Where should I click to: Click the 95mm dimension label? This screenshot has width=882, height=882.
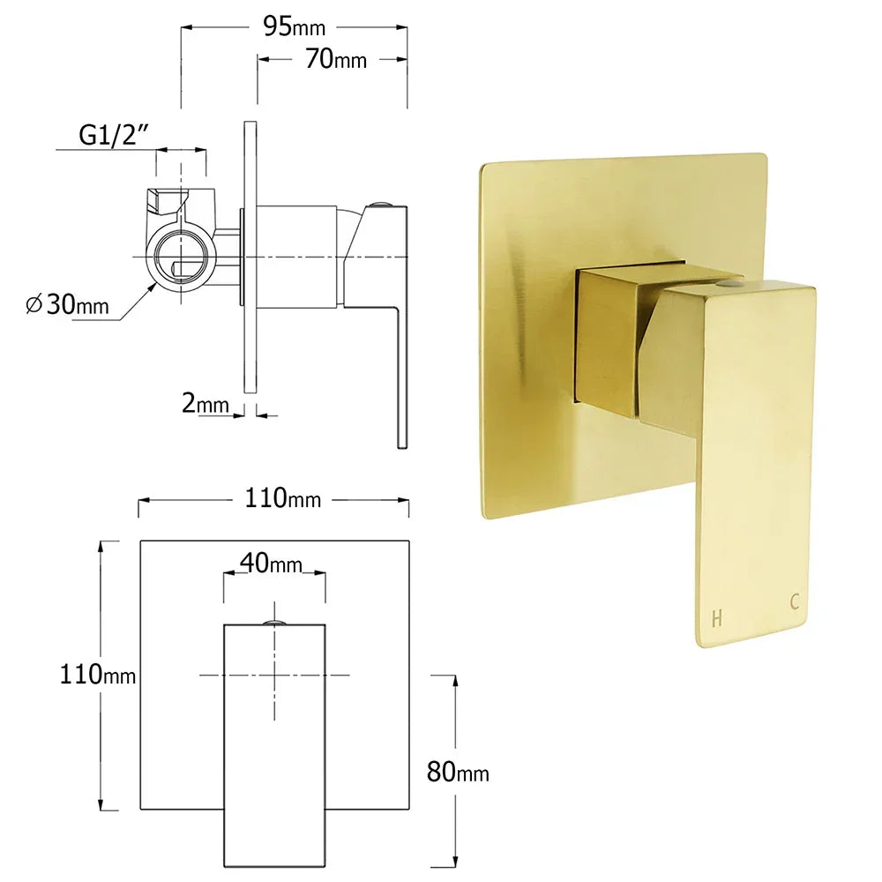(294, 27)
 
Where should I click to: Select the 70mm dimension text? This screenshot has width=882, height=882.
(336, 60)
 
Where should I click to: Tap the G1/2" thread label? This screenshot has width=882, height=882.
(114, 135)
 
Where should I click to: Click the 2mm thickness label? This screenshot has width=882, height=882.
(206, 405)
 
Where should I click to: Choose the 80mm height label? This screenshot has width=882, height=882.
(457, 773)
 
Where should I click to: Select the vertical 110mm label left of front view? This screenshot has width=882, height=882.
(97, 675)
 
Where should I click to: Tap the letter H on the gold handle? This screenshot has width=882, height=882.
(716, 618)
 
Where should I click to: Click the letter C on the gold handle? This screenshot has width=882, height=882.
(795, 602)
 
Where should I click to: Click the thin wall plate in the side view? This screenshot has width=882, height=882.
(250, 256)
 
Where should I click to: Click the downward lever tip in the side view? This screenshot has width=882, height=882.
(401, 437)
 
